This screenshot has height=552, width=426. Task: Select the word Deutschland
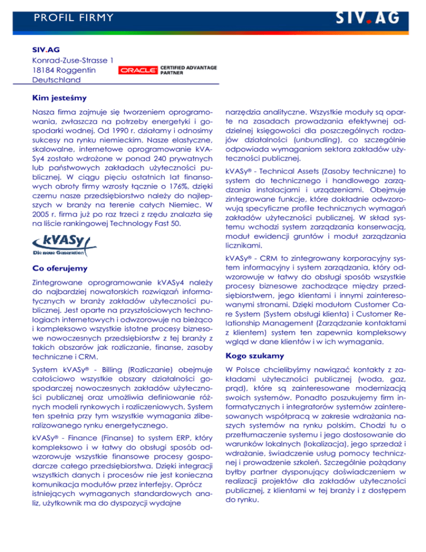[56, 80]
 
